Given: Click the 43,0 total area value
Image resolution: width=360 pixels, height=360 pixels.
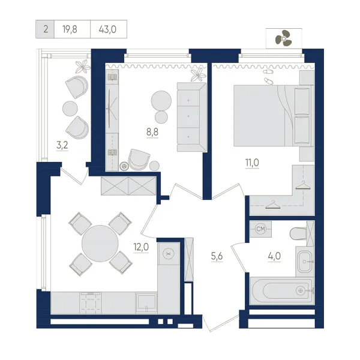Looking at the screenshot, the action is pos(107,29).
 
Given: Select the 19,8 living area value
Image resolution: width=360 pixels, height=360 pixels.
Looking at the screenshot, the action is pos(70,29).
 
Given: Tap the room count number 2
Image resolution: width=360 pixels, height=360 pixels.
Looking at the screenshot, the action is pos(46,29).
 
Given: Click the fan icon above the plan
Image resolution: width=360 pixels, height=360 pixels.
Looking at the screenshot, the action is pos(283,38).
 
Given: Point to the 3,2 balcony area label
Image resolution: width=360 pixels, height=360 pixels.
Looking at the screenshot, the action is pos(62,145).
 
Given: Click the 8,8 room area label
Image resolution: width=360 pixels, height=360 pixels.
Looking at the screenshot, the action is pos(152,132).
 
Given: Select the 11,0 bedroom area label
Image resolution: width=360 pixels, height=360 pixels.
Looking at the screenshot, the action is pos(252,163).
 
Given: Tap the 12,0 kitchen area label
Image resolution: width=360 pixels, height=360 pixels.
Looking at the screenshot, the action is pos(141,247).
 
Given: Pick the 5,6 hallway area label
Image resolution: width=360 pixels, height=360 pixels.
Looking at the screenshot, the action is pos(217,256).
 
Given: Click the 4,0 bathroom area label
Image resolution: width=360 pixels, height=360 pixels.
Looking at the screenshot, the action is pos(274,256).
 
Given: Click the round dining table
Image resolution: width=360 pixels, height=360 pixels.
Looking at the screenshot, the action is pos(100,244).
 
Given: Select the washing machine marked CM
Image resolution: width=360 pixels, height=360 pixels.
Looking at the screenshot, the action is pos(260,229).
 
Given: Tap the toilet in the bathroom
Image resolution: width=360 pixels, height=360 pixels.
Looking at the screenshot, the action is pos(298,233).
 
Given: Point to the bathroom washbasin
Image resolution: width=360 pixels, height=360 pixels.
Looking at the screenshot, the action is pos(304,262).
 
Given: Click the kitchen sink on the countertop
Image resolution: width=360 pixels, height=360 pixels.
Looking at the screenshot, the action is pos(146,303).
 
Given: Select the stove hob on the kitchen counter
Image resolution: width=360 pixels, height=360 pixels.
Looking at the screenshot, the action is pos(91,303).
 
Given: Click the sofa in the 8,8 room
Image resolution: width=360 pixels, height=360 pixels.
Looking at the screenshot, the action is pos(192,117).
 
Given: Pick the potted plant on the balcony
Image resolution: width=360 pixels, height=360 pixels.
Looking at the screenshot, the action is pos(83,67).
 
